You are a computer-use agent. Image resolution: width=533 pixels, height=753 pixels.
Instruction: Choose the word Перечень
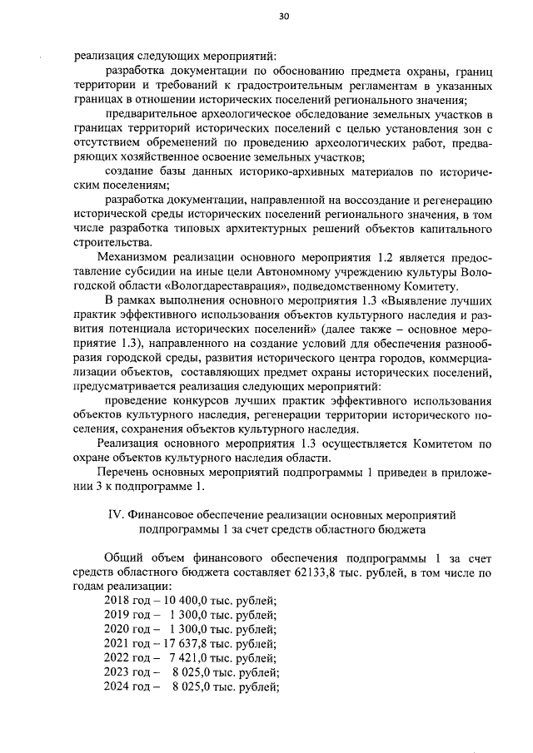[x=125, y=472]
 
